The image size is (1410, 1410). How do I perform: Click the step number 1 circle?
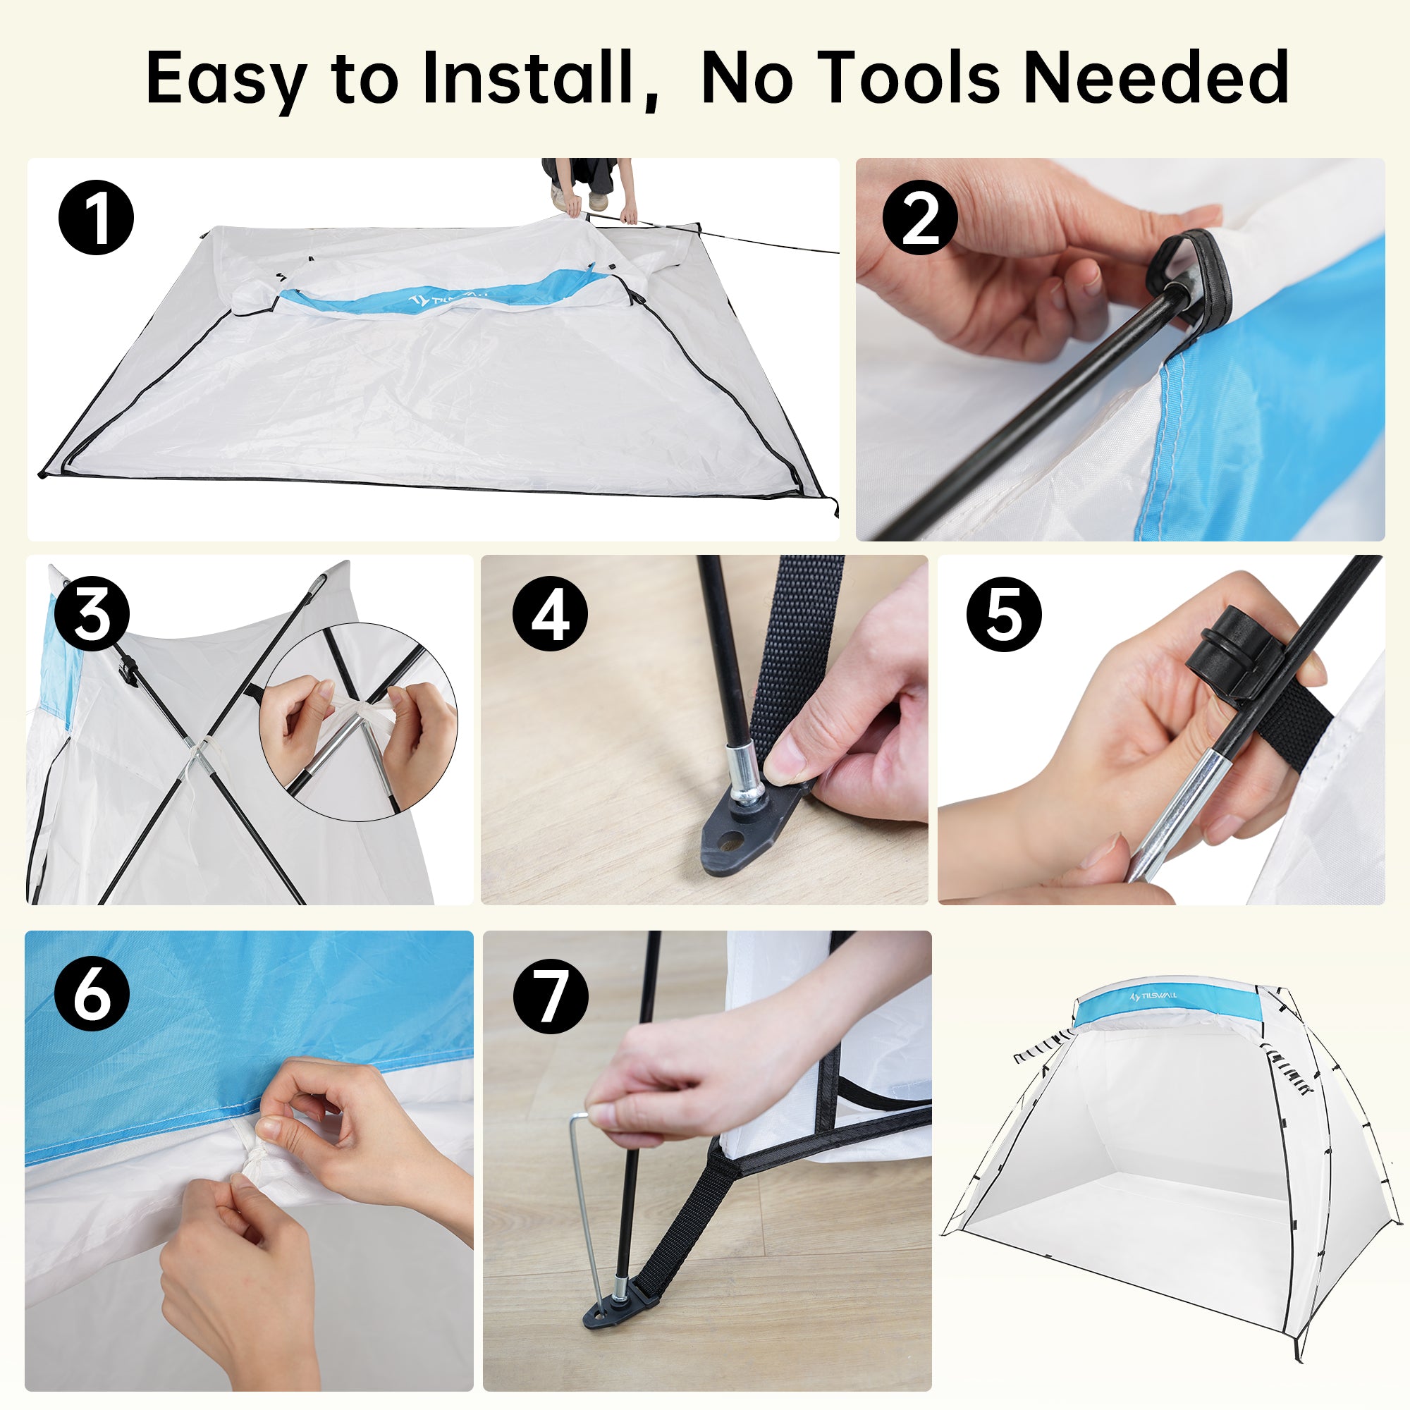pos(97,216)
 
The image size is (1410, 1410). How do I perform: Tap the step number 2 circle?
pos(920,216)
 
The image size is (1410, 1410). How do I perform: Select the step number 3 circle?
pos(92,614)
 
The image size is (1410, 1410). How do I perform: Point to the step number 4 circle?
pos(550,614)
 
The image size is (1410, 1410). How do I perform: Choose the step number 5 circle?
pos(1004,614)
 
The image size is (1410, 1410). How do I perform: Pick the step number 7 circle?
pos(551,996)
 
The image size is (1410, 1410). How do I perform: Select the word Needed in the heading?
pos(1156,77)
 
